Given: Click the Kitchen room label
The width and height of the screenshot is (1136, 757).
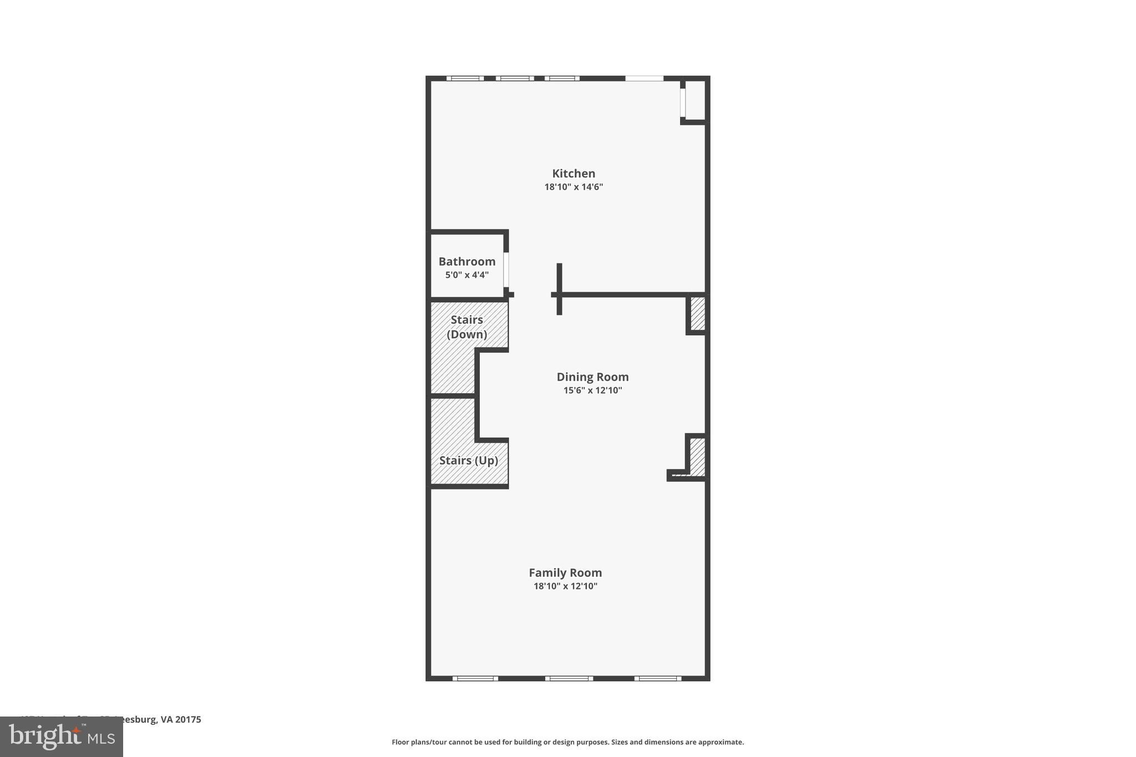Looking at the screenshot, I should click(574, 174).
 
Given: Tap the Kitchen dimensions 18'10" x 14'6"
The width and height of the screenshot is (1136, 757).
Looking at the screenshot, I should click(574, 187).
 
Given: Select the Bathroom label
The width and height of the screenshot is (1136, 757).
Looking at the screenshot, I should click(466, 262).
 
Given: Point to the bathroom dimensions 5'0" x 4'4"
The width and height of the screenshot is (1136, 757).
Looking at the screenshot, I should click(466, 275).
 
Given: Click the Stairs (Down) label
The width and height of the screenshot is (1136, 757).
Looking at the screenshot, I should click(466, 327).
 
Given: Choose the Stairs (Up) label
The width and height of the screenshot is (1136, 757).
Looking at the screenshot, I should click(468, 461).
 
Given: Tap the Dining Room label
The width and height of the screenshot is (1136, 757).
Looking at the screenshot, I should click(592, 377).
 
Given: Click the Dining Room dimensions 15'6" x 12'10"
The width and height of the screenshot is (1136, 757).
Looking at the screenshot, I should click(592, 390).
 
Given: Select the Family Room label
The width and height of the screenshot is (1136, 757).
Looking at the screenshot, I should click(565, 573).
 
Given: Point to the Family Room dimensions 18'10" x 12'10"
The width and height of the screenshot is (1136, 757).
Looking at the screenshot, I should click(565, 586).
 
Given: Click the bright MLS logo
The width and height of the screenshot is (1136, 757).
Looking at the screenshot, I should click(61, 737).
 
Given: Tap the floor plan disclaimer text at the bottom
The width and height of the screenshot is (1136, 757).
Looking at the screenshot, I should click(567, 742).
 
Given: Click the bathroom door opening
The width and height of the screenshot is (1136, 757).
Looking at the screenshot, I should click(506, 270).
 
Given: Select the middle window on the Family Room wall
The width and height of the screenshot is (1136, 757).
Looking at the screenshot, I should click(569, 678).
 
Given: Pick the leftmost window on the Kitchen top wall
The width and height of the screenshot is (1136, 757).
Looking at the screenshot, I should click(465, 79).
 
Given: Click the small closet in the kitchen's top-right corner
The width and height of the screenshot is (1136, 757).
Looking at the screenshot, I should click(696, 100).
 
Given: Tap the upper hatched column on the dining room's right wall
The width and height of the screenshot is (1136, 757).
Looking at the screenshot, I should click(697, 313).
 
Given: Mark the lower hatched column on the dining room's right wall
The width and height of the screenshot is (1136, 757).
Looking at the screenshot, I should click(697, 457).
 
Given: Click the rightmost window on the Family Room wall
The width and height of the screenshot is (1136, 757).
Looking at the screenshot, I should click(658, 678).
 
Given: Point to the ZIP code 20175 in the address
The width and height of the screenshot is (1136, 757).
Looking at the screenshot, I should click(188, 720).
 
